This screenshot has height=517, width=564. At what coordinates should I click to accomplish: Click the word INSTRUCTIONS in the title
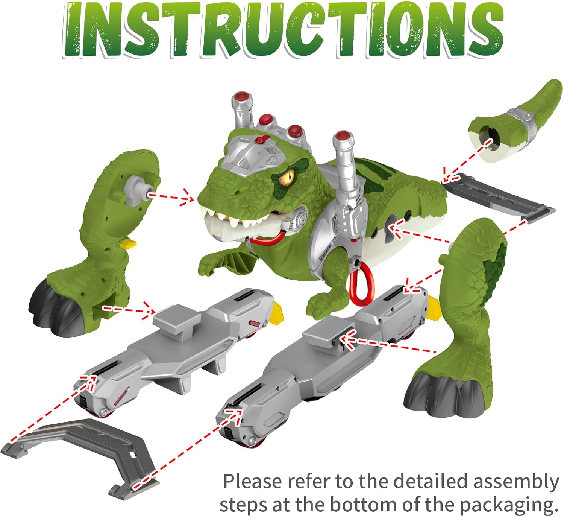pyautogui.click(x=282, y=30)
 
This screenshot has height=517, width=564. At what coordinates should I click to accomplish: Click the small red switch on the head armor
pyautogui.click(x=259, y=140)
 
